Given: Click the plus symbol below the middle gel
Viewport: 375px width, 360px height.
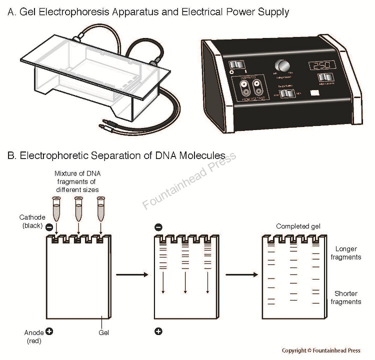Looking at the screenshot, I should [x=158, y=331].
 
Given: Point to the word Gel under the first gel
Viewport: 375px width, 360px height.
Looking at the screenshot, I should [x=104, y=332].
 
